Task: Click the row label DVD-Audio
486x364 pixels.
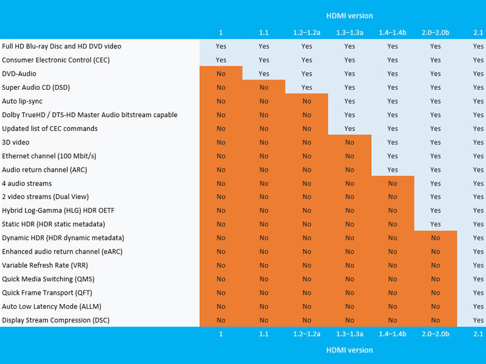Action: (x=19, y=74)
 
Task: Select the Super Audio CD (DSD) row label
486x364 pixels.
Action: (x=36, y=87)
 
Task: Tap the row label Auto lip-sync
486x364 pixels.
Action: (x=22, y=101)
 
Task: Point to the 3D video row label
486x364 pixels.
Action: (x=16, y=143)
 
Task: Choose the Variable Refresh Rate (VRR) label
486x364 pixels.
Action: (x=45, y=266)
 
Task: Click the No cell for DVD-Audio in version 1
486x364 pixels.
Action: (x=221, y=74)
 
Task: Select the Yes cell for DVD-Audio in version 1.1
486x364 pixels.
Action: (x=264, y=74)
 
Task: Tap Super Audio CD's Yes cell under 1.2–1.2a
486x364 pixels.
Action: (x=307, y=87)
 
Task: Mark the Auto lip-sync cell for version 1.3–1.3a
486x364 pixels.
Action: (x=349, y=101)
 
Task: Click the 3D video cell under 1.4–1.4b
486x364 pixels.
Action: (x=392, y=143)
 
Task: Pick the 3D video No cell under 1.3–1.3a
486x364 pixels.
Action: (x=349, y=143)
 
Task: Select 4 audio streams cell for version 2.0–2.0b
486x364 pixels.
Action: (x=436, y=183)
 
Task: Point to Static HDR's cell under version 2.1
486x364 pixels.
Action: (x=478, y=224)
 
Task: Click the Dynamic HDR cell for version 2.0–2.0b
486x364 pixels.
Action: (x=436, y=238)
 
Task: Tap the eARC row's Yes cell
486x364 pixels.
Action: (x=478, y=252)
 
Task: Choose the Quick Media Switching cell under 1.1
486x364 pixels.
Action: (x=264, y=279)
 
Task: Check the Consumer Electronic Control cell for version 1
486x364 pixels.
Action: (x=221, y=60)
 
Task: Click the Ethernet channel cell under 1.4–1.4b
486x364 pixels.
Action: (x=392, y=156)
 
